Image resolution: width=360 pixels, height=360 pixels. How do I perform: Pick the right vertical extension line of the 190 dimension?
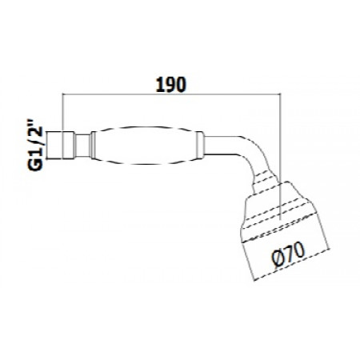coord(279,136)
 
